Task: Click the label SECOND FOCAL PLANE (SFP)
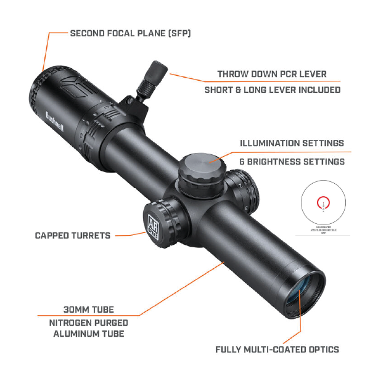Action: coord(130,33)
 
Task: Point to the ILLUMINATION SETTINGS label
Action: coord(292,143)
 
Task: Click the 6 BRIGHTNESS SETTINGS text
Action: coord(292,162)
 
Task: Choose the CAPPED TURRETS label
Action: coord(73,235)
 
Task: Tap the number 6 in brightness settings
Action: coord(242,162)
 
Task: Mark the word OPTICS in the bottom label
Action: coord(321,349)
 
